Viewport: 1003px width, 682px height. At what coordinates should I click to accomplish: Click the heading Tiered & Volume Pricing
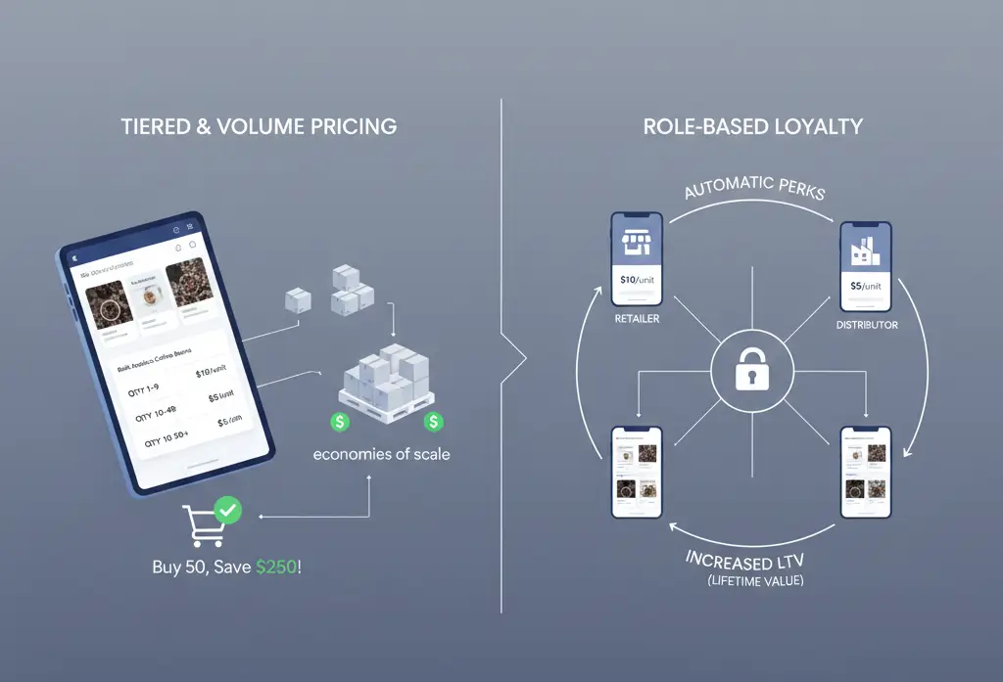[259, 126]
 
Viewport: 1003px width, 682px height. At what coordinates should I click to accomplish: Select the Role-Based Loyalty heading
[752, 126]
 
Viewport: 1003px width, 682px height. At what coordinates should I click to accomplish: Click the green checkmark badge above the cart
[227, 509]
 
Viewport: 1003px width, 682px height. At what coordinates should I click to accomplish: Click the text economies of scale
[381, 454]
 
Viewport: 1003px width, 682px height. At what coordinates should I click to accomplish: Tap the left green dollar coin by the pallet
[340, 423]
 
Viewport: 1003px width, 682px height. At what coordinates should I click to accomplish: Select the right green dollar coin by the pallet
[434, 423]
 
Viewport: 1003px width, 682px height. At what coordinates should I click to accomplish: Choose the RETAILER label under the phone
[637, 319]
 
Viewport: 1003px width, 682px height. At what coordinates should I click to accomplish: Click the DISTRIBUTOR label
[867, 325]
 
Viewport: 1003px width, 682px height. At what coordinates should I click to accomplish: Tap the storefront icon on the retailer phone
[637, 245]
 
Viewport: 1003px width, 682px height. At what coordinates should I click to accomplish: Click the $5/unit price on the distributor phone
[865, 287]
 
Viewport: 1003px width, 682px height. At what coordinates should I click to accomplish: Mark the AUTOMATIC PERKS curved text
[753, 186]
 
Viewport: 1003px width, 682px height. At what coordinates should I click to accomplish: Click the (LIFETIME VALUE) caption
[753, 581]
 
